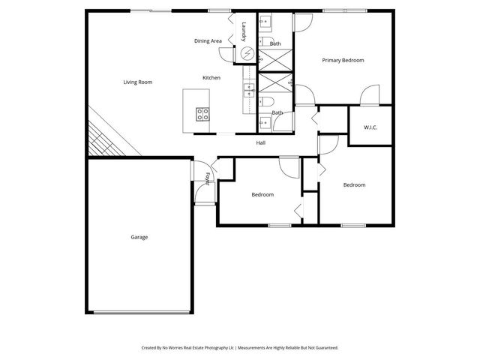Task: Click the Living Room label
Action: click(138, 82)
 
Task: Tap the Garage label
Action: click(139, 237)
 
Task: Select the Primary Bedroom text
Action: click(343, 60)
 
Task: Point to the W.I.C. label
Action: click(370, 127)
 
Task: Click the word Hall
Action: click(261, 142)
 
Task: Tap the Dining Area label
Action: click(208, 41)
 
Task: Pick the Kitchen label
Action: click(211, 78)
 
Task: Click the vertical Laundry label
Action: click(244, 31)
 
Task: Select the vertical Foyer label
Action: click(207, 178)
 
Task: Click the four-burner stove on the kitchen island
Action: click(203, 114)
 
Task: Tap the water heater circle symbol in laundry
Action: click(247, 54)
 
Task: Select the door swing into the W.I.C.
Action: click(368, 96)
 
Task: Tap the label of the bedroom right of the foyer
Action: click(262, 195)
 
